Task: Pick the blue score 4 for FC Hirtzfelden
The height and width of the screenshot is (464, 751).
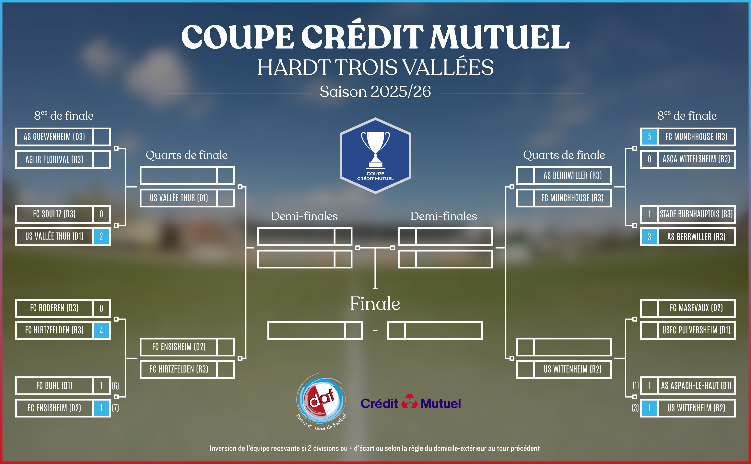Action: (x=101, y=330)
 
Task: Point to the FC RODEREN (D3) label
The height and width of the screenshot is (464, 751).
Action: (x=54, y=308)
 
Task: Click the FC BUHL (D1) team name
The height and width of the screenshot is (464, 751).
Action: (x=54, y=386)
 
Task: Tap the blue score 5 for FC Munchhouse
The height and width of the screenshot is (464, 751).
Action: (x=649, y=137)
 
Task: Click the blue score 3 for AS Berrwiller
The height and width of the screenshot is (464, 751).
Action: (x=649, y=237)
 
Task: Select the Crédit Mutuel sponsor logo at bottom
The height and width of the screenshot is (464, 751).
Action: (x=411, y=402)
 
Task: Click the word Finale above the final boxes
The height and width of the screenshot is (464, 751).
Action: (x=375, y=304)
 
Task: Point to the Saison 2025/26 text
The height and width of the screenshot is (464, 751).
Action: (x=375, y=92)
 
